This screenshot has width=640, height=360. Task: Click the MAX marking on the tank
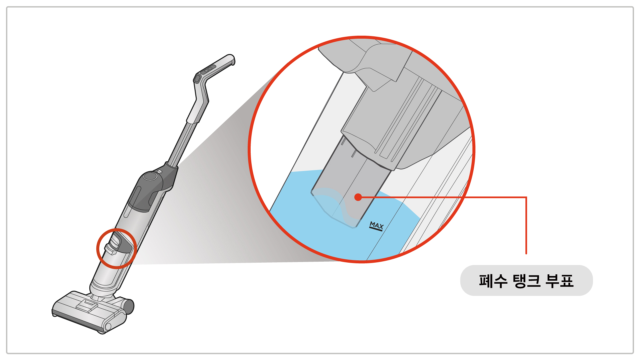(377, 226)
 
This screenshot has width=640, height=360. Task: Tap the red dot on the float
(358, 197)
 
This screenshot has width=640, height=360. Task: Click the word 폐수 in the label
(493, 281)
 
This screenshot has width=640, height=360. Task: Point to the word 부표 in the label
(560, 281)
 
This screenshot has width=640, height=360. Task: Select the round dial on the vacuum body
(150, 176)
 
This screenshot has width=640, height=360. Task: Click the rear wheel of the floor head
(128, 306)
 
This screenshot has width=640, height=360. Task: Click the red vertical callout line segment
(526, 226)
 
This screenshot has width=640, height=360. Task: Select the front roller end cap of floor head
(107, 327)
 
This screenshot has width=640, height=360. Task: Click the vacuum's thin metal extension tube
(181, 143)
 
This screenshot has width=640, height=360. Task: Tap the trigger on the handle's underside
(197, 79)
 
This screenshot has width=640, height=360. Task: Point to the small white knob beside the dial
(159, 172)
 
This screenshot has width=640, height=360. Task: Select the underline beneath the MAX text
(376, 229)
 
